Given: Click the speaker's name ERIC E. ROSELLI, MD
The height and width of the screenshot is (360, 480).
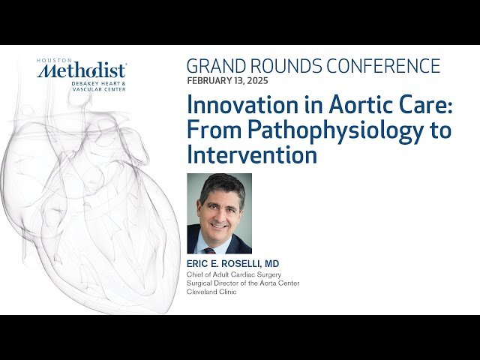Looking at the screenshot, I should (232, 264).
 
